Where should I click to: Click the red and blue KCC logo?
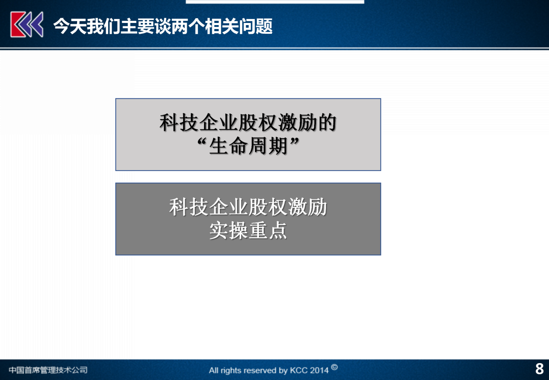tap(27, 25)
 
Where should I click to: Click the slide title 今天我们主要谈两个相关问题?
tap(163, 26)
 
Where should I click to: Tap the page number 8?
tap(539, 369)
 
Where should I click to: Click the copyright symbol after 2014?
tap(334, 367)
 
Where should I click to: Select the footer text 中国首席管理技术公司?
tap(48, 370)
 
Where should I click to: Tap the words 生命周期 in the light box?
tap(248, 146)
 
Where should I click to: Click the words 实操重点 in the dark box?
tap(248, 231)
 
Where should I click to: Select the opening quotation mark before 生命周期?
tap(202, 142)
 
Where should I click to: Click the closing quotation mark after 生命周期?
tap(294, 142)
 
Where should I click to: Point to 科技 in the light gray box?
tap(179, 122)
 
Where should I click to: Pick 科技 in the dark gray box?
tap(189, 207)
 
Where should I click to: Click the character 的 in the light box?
tap(327, 122)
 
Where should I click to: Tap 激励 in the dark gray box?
tap(307, 207)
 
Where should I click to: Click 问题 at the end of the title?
tap(256, 26)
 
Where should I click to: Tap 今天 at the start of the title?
tap(70, 26)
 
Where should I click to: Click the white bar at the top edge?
tap(275, 2)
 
